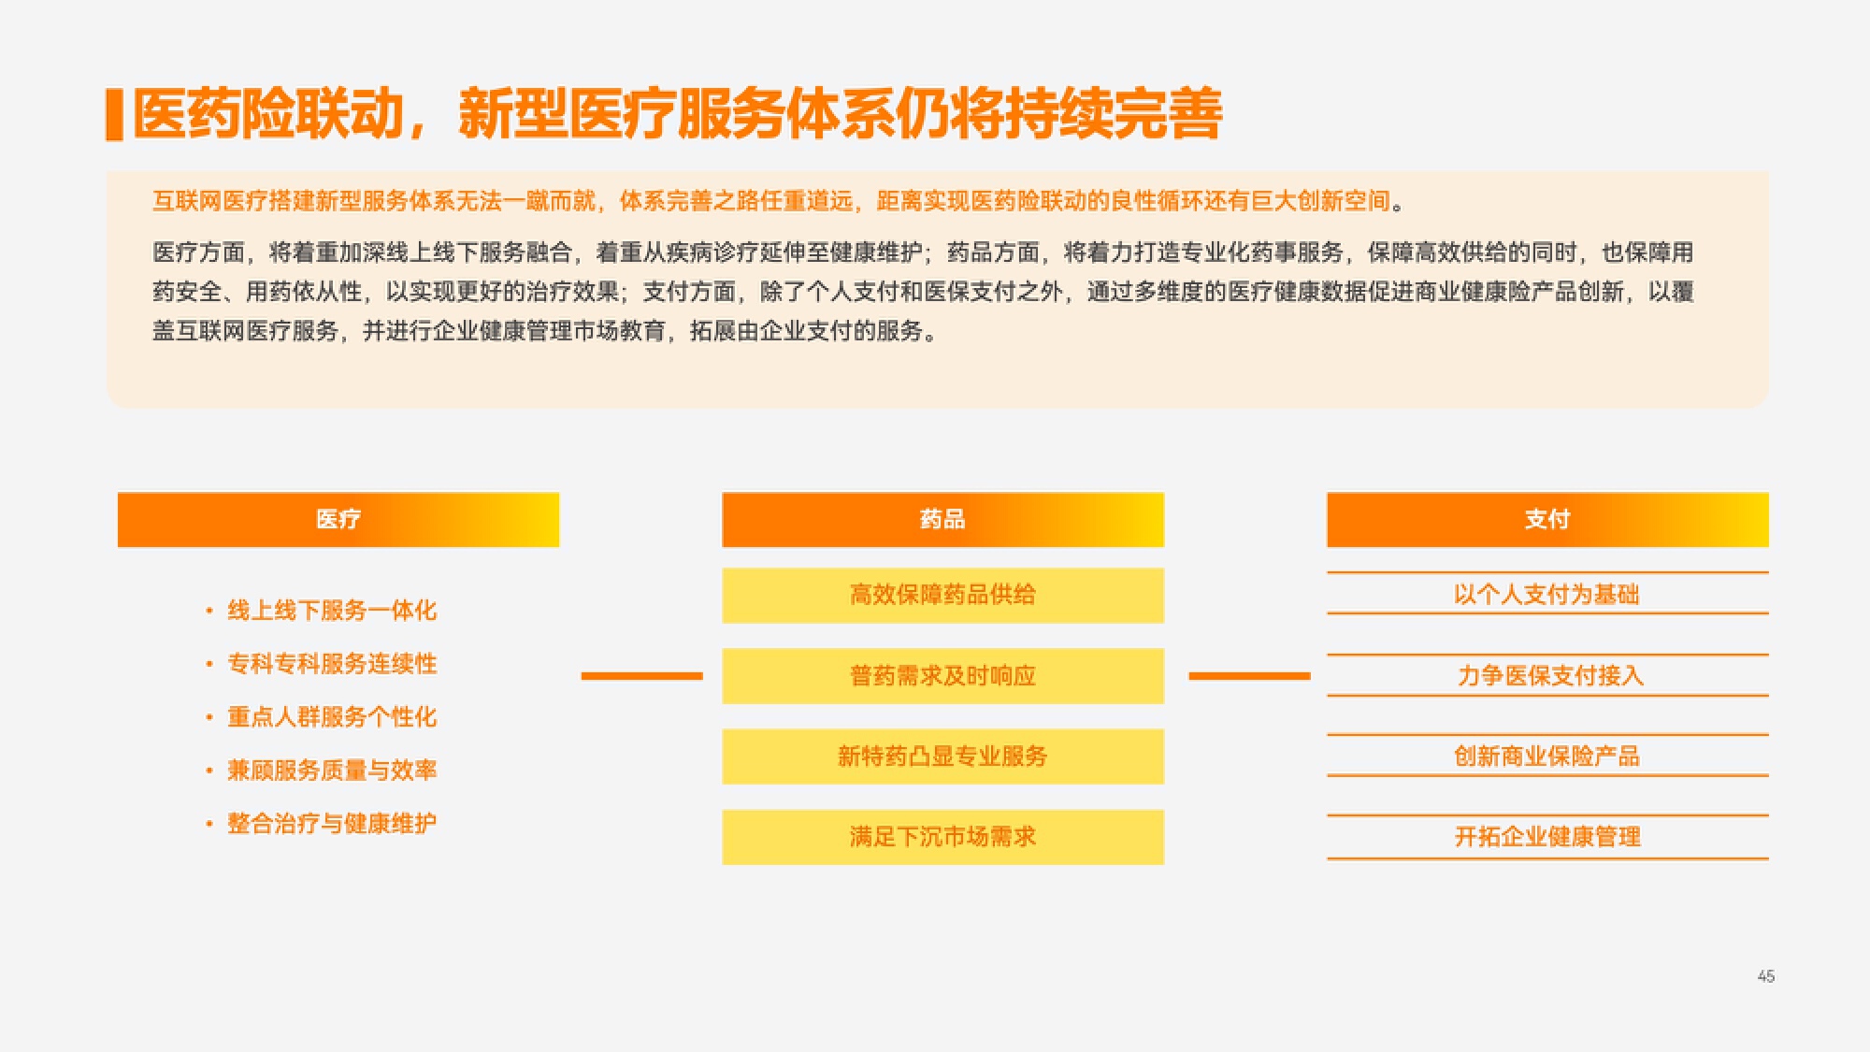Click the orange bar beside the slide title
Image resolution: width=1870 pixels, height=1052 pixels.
click(115, 115)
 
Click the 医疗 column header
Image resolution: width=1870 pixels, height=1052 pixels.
click(338, 520)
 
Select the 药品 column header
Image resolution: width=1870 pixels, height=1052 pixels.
click(942, 520)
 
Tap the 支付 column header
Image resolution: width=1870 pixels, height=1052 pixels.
click(1547, 520)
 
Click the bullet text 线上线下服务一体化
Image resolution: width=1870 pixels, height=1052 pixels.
click(332, 611)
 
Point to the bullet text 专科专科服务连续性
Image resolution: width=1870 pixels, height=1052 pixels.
click(332, 664)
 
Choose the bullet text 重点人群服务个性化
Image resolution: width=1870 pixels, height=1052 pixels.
click(332, 717)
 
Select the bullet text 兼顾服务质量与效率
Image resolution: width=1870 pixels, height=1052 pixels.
click(332, 771)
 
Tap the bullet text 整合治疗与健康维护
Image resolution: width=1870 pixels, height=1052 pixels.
click(332, 824)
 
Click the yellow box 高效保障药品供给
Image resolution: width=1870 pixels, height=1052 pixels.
click(942, 596)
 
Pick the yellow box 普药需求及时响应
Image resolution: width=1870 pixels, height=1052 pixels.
click(942, 676)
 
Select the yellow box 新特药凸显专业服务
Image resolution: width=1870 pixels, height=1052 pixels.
click(942, 757)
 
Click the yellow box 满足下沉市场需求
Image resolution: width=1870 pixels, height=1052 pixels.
click(942, 837)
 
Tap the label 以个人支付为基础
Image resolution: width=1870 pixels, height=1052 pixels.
click(1547, 595)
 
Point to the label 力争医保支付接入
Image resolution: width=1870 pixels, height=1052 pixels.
click(1549, 676)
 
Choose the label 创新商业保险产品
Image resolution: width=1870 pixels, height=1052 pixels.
click(1547, 757)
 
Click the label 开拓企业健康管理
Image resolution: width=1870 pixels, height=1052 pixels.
click(1547, 837)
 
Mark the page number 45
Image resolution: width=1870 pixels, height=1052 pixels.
click(1766, 976)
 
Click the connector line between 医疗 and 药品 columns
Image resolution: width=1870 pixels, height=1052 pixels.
click(641, 676)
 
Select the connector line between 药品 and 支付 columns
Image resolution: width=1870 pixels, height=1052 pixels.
click(1249, 676)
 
